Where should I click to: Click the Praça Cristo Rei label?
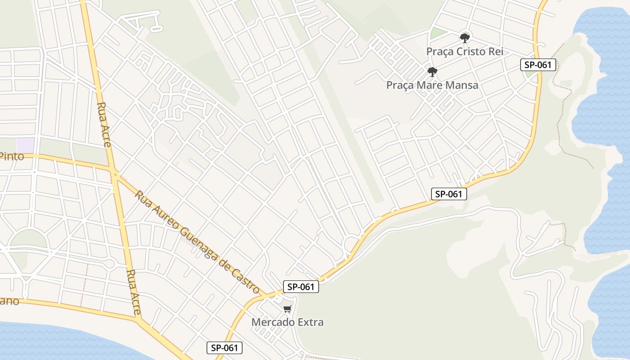tap(464, 52)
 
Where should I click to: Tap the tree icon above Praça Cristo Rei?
tap(464, 38)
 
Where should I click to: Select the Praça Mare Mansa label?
tap(432, 85)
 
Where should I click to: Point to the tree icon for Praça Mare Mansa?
tap(432, 72)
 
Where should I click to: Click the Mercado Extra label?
tap(287, 322)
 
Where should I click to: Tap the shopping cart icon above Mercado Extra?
tap(287, 309)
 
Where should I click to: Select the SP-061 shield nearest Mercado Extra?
tap(301, 287)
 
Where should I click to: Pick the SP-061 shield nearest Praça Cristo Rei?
tap(538, 65)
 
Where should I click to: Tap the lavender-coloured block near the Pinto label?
tap(25, 145)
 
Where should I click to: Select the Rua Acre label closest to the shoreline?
tap(134, 292)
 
